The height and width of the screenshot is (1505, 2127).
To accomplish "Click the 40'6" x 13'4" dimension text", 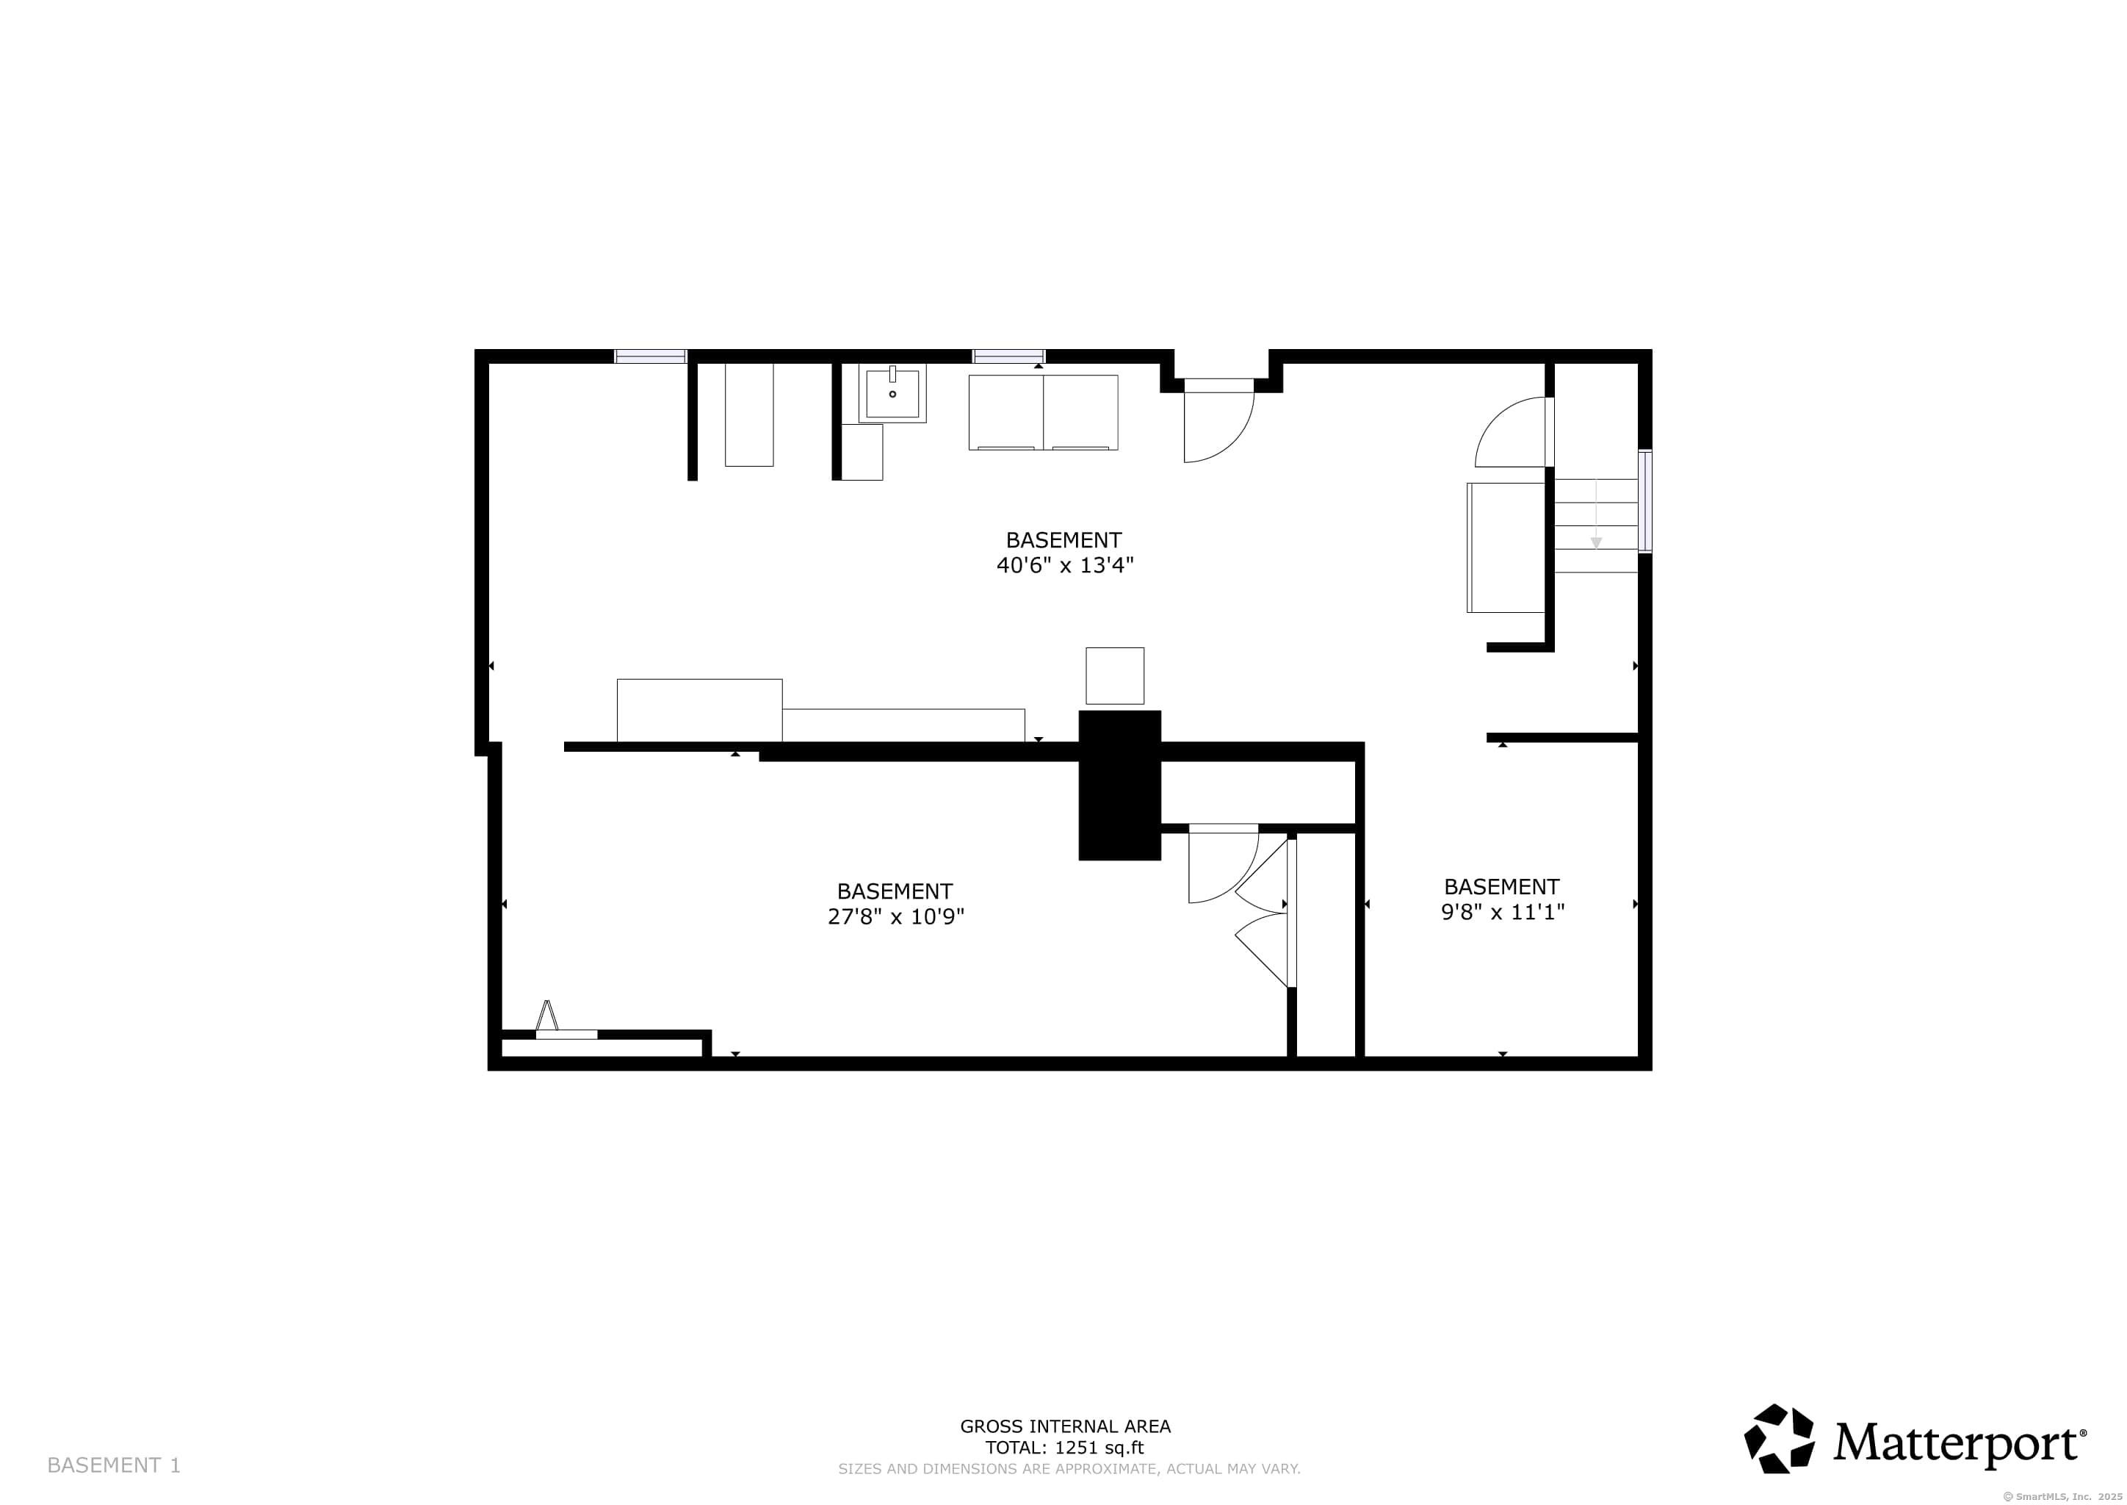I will click(x=1064, y=565).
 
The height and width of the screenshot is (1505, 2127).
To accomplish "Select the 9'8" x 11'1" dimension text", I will click(x=1502, y=912).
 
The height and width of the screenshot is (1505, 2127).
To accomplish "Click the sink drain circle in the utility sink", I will click(x=892, y=394).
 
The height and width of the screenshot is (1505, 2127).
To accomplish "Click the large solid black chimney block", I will click(x=1119, y=785).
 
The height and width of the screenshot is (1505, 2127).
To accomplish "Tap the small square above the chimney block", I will click(x=1114, y=675).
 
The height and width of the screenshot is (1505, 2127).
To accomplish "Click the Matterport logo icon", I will click(x=1779, y=1438).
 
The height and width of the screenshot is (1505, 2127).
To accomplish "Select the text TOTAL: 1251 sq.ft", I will click(x=1064, y=1448).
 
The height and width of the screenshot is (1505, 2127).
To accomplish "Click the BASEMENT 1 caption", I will click(x=114, y=1465).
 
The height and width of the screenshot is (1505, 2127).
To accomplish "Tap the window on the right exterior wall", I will click(x=1644, y=501).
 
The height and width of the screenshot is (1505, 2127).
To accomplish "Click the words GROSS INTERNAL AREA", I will click(x=1064, y=1426).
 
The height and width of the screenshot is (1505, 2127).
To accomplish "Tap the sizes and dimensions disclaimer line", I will click(x=1069, y=1469).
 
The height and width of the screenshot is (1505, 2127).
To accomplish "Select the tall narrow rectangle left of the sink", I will click(x=748, y=414).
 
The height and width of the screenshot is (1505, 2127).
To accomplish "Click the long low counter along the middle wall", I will click(x=903, y=725).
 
